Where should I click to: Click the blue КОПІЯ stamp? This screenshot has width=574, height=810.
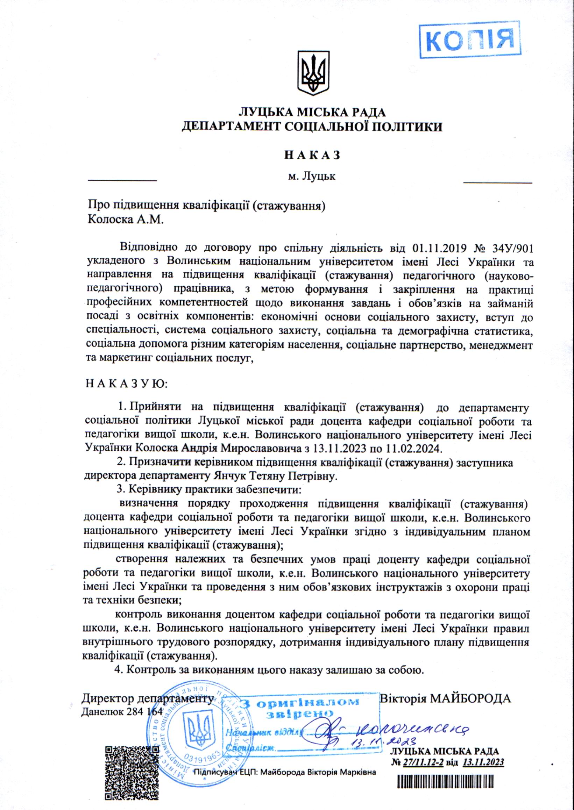(469, 39)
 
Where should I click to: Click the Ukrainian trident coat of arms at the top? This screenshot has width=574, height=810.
(313, 73)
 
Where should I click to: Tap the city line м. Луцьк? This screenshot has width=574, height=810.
(311, 176)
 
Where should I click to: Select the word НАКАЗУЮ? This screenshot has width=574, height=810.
(127, 384)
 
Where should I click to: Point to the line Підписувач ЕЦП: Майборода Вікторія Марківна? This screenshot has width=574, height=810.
(284, 773)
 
